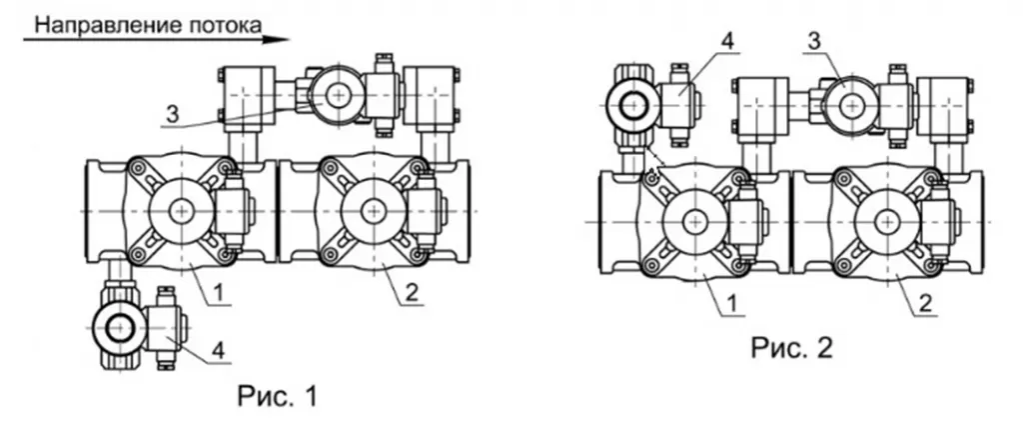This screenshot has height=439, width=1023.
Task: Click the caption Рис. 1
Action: (278, 397)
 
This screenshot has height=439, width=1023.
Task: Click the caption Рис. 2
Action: (791, 348)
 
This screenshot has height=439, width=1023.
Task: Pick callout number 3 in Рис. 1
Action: (172, 115)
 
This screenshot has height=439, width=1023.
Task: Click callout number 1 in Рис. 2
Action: (732, 304)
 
